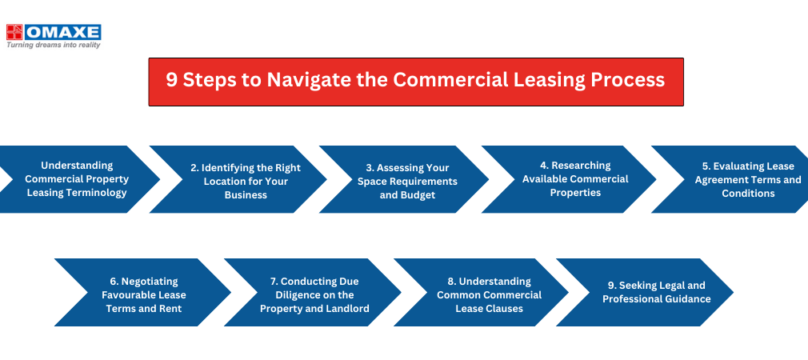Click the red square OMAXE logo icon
(x=15, y=32)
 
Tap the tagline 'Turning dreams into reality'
(x=54, y=46)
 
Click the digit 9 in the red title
(x=171, y=80)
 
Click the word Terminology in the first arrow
(x=77, y=193)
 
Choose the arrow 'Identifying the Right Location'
(x=238, y=179)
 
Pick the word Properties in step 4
(x=575, y=193)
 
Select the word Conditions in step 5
(x=748, y=193)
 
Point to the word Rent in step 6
(x=171, y=309)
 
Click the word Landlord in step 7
(x=348, y=309)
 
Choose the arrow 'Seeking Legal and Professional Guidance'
(x=645, y=292)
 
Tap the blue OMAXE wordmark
(x=63, y=32)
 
